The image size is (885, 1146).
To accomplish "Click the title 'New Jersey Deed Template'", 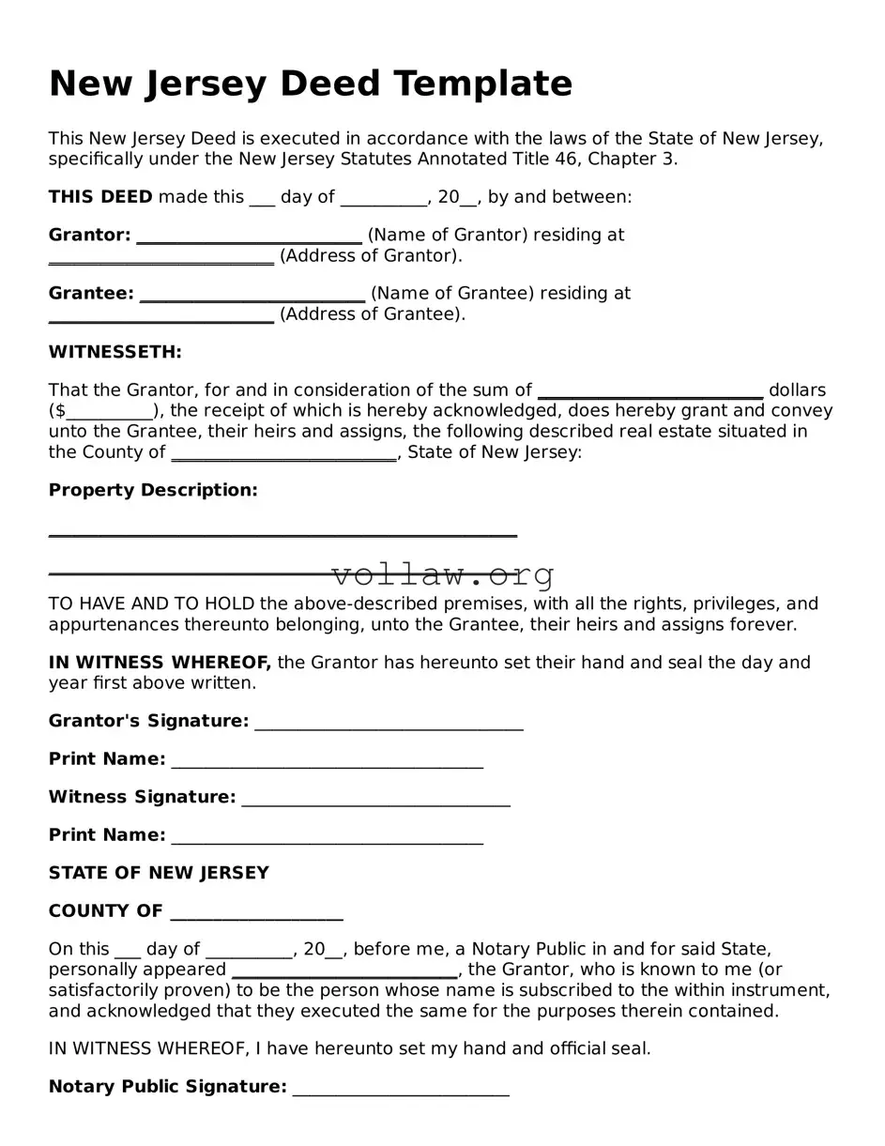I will click(310, 84).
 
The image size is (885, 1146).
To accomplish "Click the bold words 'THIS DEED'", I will click(100, 197).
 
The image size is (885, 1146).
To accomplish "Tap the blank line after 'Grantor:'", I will click(249, 237).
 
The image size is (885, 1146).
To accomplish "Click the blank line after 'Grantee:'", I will click(252, 295).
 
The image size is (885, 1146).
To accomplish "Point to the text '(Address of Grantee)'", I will click(372, 314).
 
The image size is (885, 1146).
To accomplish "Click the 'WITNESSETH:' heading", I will click(114, 352).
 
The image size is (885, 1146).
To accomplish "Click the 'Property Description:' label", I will click(153, 490).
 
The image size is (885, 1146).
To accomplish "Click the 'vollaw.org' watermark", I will click(443, 573).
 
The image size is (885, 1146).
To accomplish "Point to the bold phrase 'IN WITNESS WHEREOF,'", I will click(160, 663).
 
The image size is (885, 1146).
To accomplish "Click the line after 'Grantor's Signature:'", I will click(389, 723).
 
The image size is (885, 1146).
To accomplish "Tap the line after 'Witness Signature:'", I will click(375, 799).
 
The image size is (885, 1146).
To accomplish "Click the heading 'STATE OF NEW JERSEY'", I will click(159, 873).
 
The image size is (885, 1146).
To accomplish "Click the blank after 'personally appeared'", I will click(344, 971).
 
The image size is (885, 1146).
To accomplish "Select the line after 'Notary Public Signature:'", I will click(401, 1089).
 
